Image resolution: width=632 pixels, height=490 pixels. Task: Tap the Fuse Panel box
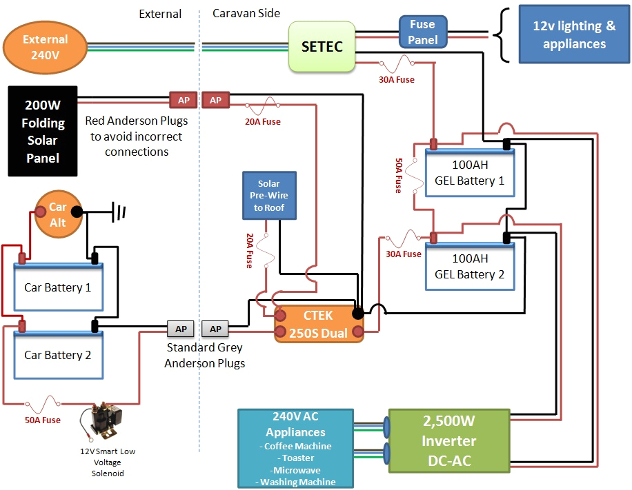(x=422, y=32)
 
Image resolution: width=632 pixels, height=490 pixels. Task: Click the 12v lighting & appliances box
(x=574, y=35)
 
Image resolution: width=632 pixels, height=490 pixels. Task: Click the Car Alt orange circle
(x=58, y=214)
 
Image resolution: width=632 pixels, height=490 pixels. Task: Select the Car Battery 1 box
(x=58, y=287)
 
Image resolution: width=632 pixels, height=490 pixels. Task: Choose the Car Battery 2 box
(x=58, y=355)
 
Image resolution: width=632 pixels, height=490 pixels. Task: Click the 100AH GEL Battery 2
(x=469, y=266)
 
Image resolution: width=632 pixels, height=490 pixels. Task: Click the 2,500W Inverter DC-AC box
(x=449, y=440)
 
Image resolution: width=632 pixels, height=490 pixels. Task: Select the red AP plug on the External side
(x=184, y=101)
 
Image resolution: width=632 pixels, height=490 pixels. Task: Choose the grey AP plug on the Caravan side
(x=216, y=329)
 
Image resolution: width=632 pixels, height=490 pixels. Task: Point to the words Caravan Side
(x=246, y=14)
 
